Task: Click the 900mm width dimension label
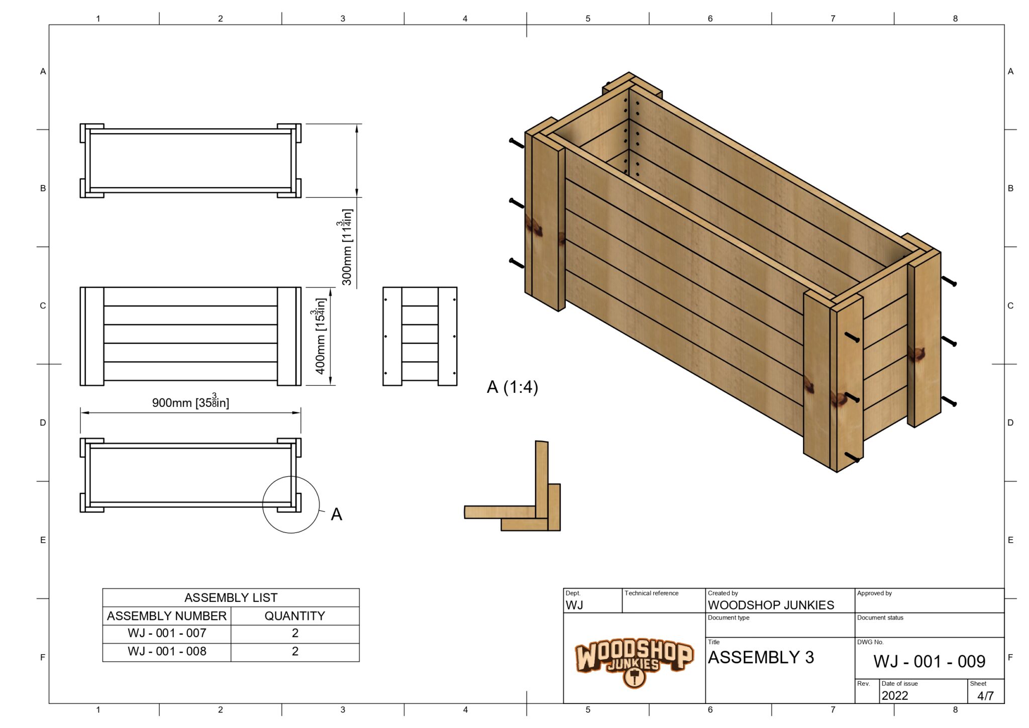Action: click(x=190, y=402)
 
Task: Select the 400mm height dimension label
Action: click(x=320, y=336)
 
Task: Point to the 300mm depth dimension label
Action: click(x=347, y=247)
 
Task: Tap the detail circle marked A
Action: click(x=291, y=504)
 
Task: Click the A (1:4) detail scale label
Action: click(x=512, y=387)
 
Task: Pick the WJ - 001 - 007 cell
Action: click(x=167, y=633)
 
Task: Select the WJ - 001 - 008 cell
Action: click(x=167, y=652)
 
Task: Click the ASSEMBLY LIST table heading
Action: click(x=231, y=597)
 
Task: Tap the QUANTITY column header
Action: click(x=295, y=616)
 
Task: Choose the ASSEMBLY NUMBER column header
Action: click(x=167, y=616)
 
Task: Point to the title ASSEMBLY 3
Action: click(x=761, y=658)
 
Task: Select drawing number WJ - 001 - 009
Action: click(x=929, y=662)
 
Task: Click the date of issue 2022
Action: click(x=895, y=696)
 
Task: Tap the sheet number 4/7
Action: click(x=985, y=696)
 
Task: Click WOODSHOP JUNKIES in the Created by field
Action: click(x=771, y=605)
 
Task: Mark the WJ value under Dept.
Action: click(x=574, y=605)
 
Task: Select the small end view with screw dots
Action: click(x=420, y=336)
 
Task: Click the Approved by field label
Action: click(x=874, y=593)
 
